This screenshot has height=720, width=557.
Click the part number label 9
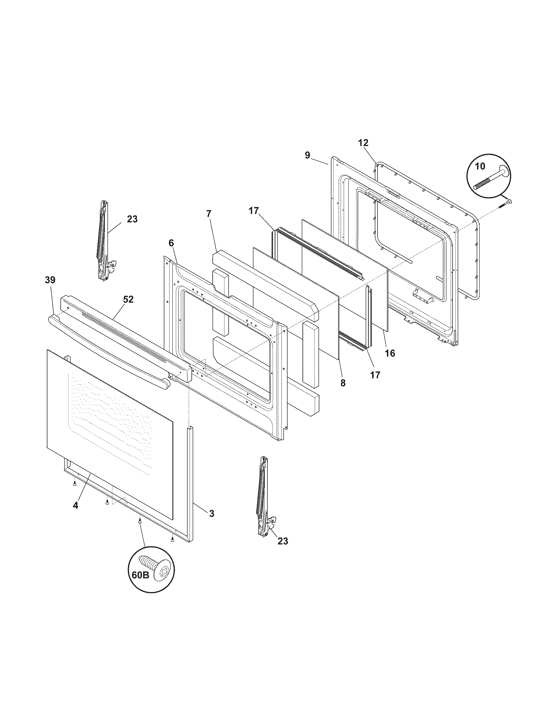[x=307, y=155]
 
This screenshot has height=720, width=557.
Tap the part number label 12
[x=363, y=143]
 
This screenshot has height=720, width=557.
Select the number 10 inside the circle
[x=480, y=166]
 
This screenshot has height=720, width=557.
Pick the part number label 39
[x=50, y=280]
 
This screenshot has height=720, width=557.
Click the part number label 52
[x=128, y=299]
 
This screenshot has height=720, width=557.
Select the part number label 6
[x=171, y=243]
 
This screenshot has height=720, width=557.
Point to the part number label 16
[x=390, y=353]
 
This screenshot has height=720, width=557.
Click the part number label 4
[x=76, y=505]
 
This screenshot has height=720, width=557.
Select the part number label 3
[x=212, y=513]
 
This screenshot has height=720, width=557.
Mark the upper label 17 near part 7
[x=254, y=211]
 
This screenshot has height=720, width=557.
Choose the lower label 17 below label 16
[x=375, y=375]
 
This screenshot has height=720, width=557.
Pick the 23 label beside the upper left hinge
[x=132, y=219]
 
